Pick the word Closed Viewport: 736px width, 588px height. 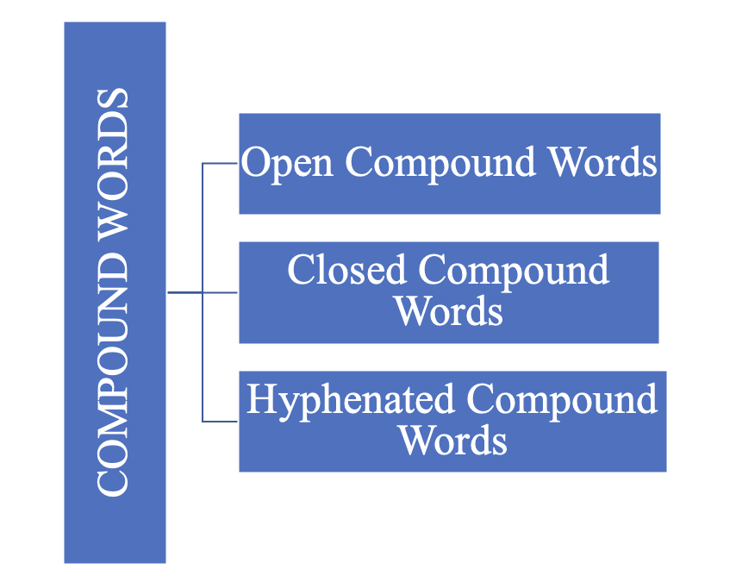click(x=346, y=270)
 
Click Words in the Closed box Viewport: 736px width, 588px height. click(x=449, y=310)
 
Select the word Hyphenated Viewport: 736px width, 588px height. click(x=350, y=401)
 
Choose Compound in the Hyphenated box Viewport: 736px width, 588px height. click(x=561, y=401)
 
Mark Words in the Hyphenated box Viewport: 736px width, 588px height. click(x=452, y=440)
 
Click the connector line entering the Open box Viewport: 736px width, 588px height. click(x=221, y=163)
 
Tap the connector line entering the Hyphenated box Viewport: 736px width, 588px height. click(x=221, y=422)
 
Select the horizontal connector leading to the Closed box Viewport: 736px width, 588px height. click(x=221, y=292)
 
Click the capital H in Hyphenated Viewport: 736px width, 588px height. click(x=259, y=401)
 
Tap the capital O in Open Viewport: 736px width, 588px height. click(x=255, y=163)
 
